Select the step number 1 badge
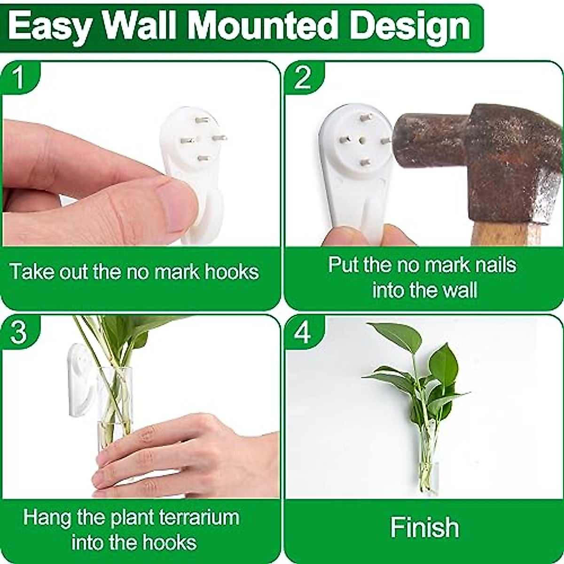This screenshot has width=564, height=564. (19, 78)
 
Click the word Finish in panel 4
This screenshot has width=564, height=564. (424, 527)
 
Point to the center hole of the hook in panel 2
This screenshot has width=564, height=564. (362, 140)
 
